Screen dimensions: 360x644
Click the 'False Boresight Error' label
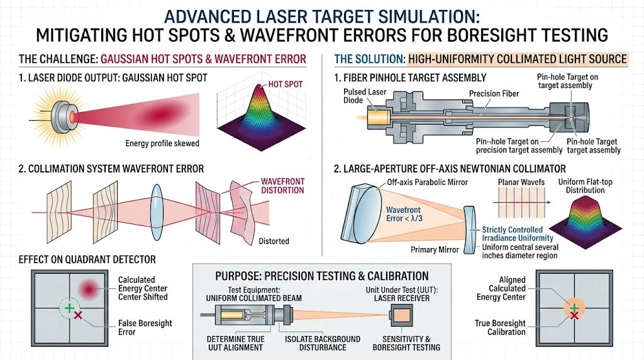point(135,327)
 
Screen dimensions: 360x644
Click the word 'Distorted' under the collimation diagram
point(274,241)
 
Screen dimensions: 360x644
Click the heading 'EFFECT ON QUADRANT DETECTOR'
point(87,259)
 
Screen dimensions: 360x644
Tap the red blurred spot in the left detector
point(89,289)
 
